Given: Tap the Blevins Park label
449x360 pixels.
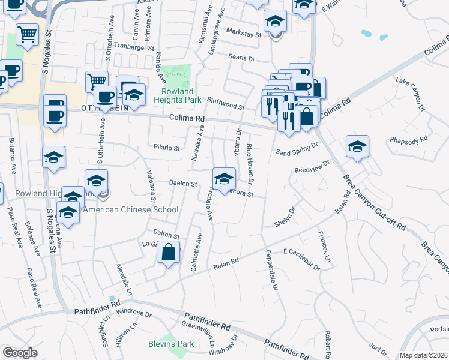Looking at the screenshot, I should coord(171,344).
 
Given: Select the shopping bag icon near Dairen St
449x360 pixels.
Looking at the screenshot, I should coord(169,253).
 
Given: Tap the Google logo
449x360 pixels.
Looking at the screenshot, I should coord(20,352).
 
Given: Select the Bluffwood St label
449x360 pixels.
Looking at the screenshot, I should coord(226,104).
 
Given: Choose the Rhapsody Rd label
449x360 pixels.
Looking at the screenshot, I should coord(408,139).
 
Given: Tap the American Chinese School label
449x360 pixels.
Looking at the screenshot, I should coord(130,209).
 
